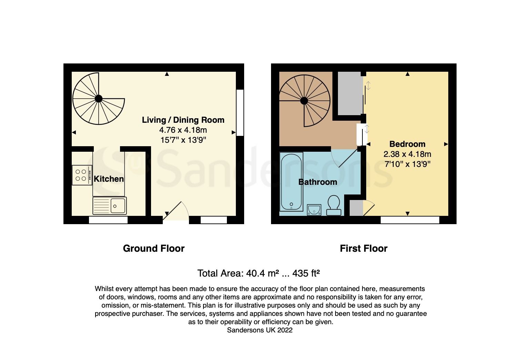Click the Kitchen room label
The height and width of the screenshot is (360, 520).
109,179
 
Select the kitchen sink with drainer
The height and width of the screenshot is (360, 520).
109,206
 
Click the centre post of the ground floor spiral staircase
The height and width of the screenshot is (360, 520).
99,99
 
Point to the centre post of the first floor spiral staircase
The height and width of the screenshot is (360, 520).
304,101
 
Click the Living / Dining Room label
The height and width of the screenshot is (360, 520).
183,120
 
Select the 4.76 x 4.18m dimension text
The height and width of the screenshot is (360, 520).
183,130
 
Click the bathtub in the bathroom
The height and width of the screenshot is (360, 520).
291,182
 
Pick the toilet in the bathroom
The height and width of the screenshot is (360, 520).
333,205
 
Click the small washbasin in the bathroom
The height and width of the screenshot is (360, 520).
314,209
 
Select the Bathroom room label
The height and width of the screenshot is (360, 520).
318,182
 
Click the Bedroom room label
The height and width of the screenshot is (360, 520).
407,144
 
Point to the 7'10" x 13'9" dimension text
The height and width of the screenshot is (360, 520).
407,164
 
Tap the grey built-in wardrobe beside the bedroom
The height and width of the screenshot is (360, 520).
350,93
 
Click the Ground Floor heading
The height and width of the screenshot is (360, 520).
154,249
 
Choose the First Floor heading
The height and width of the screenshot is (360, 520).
363,249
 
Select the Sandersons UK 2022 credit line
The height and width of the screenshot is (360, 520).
260,330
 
